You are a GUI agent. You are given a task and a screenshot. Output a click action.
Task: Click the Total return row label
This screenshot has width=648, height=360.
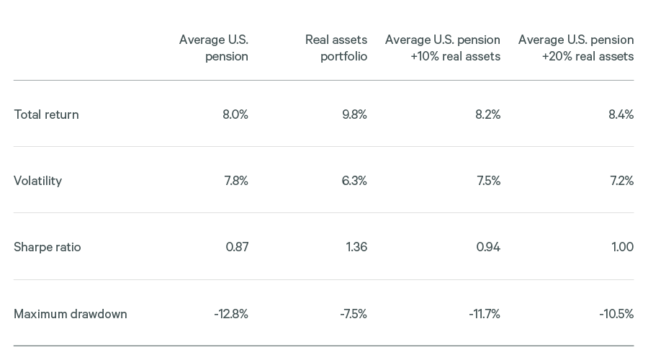pos(46,114)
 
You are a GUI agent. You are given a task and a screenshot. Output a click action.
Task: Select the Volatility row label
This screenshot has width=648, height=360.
pos(37,181)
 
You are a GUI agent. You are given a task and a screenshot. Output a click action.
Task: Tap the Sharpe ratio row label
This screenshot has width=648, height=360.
pos(47,247)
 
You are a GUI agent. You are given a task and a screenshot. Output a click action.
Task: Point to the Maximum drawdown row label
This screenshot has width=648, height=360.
pos(70,314)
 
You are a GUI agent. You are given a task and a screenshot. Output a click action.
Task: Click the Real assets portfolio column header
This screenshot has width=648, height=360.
pos(336,48)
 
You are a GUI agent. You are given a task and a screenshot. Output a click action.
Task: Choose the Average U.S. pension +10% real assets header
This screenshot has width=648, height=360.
pos(442,48)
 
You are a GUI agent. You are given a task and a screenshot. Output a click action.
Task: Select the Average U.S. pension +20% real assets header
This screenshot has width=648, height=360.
pos(575,48)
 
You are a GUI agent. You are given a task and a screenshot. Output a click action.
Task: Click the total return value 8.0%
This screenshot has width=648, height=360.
pos(235,114)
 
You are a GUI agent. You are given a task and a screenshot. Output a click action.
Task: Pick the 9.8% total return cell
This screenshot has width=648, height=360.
pos(354,114)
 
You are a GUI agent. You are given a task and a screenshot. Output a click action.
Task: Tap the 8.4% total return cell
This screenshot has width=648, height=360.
pos(621,114)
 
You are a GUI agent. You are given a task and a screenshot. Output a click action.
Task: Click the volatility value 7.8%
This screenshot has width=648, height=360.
pos(235,181)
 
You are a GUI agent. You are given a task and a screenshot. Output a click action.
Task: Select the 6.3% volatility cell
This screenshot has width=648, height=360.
pos(354,181)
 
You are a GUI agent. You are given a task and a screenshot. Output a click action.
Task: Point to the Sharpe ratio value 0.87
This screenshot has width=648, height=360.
pos(237,247)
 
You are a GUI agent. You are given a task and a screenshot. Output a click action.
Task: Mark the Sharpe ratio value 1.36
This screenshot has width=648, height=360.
pos(356,247)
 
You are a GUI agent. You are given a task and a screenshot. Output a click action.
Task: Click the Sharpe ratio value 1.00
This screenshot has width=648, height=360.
pos(622,247)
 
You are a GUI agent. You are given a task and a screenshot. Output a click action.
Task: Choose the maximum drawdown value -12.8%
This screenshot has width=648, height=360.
pos(230,314)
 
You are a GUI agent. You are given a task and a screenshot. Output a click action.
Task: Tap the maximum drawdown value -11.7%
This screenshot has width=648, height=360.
pos(484,314)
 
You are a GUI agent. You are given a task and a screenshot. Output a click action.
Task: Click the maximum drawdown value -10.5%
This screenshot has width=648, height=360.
pos(616,314)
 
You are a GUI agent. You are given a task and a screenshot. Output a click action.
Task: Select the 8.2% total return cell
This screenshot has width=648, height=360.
pos(487,114)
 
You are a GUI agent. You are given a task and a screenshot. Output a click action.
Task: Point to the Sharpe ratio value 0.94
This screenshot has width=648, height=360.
pos(488,247)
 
